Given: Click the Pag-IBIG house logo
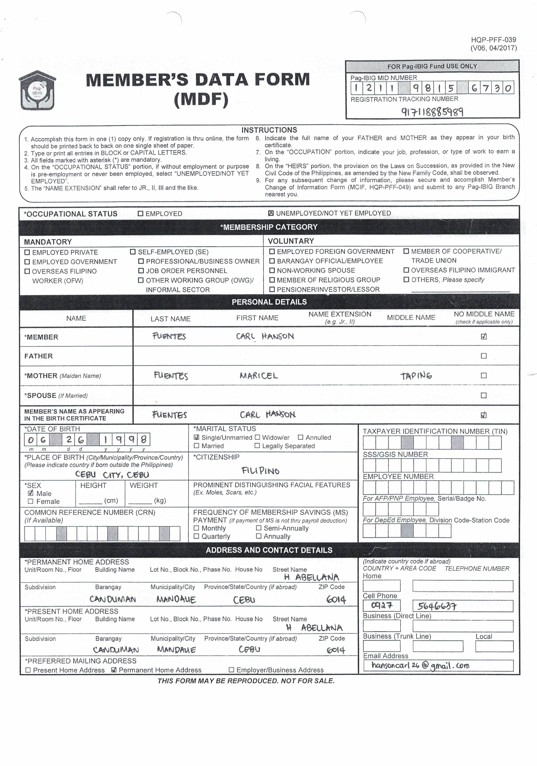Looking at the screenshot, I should tap(37, 90).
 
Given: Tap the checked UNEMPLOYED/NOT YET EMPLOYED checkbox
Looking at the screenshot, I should tap(271, 213).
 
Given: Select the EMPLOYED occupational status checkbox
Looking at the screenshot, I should tap(140, 214).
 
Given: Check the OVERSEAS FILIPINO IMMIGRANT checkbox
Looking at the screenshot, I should tap(406, 270).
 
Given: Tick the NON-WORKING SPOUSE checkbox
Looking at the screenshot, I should tap(272, 270).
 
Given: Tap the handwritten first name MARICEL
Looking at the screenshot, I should tap(259, 376).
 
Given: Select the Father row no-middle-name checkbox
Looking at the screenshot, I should tap(484, 356).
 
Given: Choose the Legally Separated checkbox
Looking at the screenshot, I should tap(257, 446).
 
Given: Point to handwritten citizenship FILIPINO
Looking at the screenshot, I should tap(260, 471).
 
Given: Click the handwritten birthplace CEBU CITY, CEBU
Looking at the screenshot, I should tap(112, 474).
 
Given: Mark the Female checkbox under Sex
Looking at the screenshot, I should tap(31, 501).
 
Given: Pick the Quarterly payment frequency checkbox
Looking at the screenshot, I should tap(196, 536).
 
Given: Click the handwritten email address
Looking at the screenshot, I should tap(420, 665).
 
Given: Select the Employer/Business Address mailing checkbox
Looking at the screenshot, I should tap(231, 670).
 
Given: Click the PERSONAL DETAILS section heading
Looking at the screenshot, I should tap(269, 302).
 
